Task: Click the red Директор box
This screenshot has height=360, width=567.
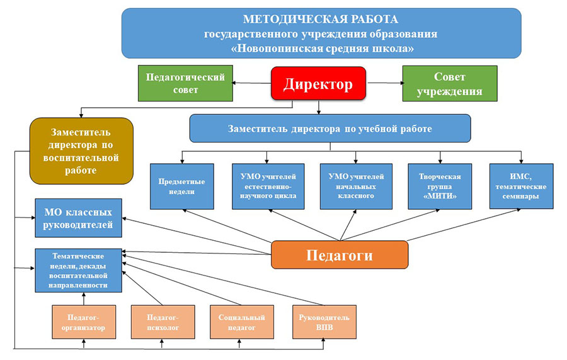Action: (318, 83)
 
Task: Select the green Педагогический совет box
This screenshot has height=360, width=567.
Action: (185, 83)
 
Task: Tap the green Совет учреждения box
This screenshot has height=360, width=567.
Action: (450, 84)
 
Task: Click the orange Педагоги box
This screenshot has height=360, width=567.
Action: (340, 255)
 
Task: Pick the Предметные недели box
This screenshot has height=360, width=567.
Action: (182, 187)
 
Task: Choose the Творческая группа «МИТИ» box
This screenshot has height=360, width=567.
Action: (440, 187)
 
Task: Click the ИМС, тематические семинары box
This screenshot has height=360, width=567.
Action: (521, 187)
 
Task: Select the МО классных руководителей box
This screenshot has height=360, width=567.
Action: (78, 218)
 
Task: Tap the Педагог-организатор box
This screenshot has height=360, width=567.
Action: (84, 322)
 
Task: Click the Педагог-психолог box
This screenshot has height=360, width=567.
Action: (163, 322)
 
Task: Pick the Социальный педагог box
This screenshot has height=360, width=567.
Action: (241, 322)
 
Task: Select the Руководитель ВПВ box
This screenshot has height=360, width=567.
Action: (324, 322)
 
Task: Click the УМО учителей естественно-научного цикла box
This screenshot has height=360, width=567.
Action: (268, 187)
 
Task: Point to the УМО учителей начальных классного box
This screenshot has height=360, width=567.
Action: (356, 187)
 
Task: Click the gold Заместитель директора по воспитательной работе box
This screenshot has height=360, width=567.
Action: (81, 151)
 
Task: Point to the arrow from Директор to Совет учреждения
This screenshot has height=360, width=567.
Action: (386, 83)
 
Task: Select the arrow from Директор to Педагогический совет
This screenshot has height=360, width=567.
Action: (251, 83)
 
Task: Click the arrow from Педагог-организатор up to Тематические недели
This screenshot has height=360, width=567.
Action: (84, 298)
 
